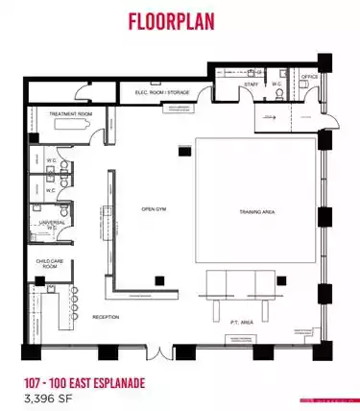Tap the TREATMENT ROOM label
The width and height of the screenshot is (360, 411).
coord(70,113)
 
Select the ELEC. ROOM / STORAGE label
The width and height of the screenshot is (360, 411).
coord(161,93)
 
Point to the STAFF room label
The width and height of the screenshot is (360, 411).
coord(251,85)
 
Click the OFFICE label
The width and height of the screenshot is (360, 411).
coord(309,77)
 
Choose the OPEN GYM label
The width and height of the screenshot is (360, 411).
coord(156,208)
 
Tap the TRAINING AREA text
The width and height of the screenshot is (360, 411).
coord(256,211)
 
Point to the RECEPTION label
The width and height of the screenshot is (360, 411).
coord(106,316)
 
